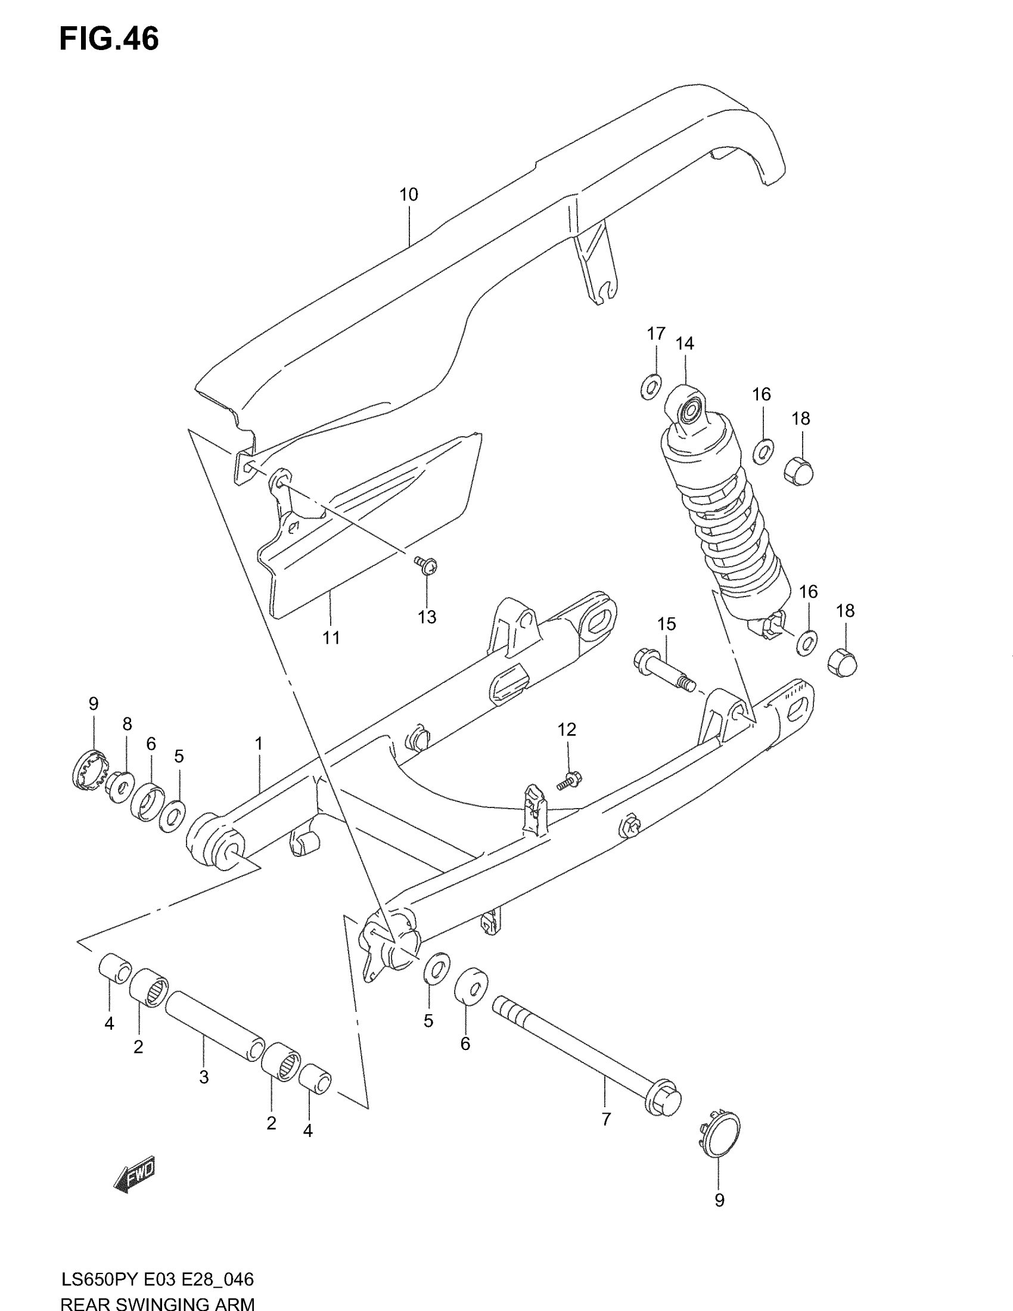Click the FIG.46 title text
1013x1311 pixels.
(109, 39)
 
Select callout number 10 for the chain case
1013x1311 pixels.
(408, 194)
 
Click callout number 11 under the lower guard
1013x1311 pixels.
(331, 638)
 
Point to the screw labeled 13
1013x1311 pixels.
(426, 564)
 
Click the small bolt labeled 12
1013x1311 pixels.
(568, 781)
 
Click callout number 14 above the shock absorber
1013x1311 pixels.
(684, 343)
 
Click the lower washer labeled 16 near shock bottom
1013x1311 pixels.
(807, 643)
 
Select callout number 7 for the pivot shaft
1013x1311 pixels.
(605, 1119)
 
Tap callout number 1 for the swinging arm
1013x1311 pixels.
(259, 744)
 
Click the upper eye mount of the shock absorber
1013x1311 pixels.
(691, 409)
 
